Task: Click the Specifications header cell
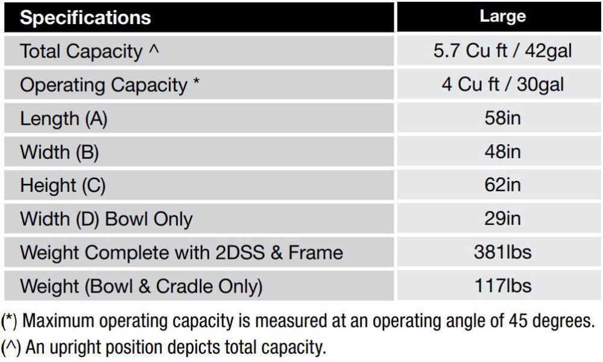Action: coord(85,17)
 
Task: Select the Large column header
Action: coord(502,16)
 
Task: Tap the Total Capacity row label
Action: coord(90,51)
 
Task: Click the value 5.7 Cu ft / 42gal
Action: coord(502,51)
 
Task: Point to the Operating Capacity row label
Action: coord(109,85)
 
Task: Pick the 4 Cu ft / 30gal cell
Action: coord(502,84)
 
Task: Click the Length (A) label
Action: coord(63,119)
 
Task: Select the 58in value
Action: coord(502,118)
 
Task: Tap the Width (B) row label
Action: coord(59,152)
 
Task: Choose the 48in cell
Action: coord(502,152)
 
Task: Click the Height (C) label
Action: coord(63,185)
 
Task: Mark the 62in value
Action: coord(502,185)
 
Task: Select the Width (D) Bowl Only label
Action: coord(106,219)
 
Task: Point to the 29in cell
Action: coord(502,219)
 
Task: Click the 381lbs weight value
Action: coord(502,252)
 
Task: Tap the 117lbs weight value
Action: coord(502,285)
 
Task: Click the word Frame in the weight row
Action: coord(315,252)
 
